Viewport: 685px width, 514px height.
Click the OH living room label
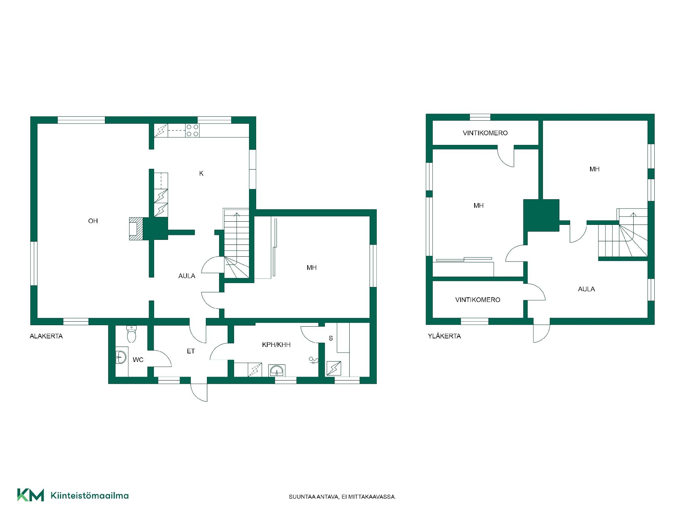[93, 221]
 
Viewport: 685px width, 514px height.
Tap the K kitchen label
[201, 173]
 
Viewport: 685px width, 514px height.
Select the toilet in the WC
[132, 334]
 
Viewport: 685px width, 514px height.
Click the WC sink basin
[121, 357]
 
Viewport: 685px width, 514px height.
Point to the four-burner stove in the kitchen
[193, 131]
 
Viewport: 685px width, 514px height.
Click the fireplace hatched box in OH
[136, 228]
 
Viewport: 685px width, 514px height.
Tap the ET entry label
[191, 351]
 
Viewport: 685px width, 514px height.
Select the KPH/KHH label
[276, 345]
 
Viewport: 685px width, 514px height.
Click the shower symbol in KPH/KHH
[313, 361]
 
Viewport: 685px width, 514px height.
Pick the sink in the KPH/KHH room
[277, 371]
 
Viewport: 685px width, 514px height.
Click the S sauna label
[331, 338]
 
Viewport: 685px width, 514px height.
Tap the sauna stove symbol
[334, 368]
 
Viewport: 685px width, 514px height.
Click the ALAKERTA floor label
[46, 336]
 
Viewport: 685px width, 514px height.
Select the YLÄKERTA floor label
[444, 336]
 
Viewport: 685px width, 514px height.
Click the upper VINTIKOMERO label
[485, 133]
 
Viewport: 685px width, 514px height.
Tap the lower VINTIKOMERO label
[478, 300]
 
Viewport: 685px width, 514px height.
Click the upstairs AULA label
[586, 289]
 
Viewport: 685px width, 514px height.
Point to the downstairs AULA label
[187, 276]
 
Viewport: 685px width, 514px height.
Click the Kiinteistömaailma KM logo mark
[31, 495]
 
